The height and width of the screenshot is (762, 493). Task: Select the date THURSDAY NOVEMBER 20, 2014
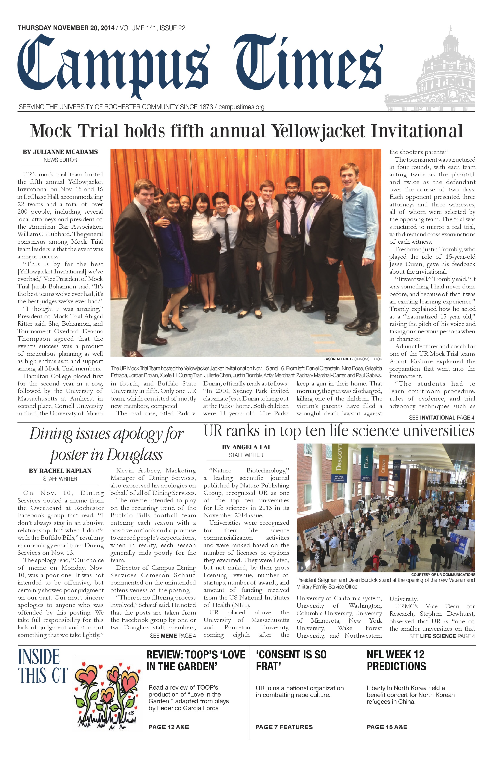point(66,28)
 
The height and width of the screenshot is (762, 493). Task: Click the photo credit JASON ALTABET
point(337,359)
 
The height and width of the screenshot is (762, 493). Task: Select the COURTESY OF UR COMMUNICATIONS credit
point(443,575)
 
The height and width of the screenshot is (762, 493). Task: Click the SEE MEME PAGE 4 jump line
point(173,636)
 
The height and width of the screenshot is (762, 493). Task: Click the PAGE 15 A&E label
point(387,727)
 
